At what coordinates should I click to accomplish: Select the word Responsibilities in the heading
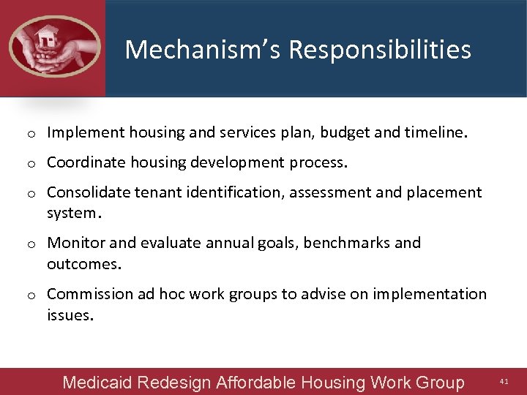[x=380, y=50]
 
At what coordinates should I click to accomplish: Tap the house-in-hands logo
[x=53, y=45]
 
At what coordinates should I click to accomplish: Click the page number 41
[x=504, y=382]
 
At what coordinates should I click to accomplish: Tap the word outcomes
[x=83, y=263]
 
